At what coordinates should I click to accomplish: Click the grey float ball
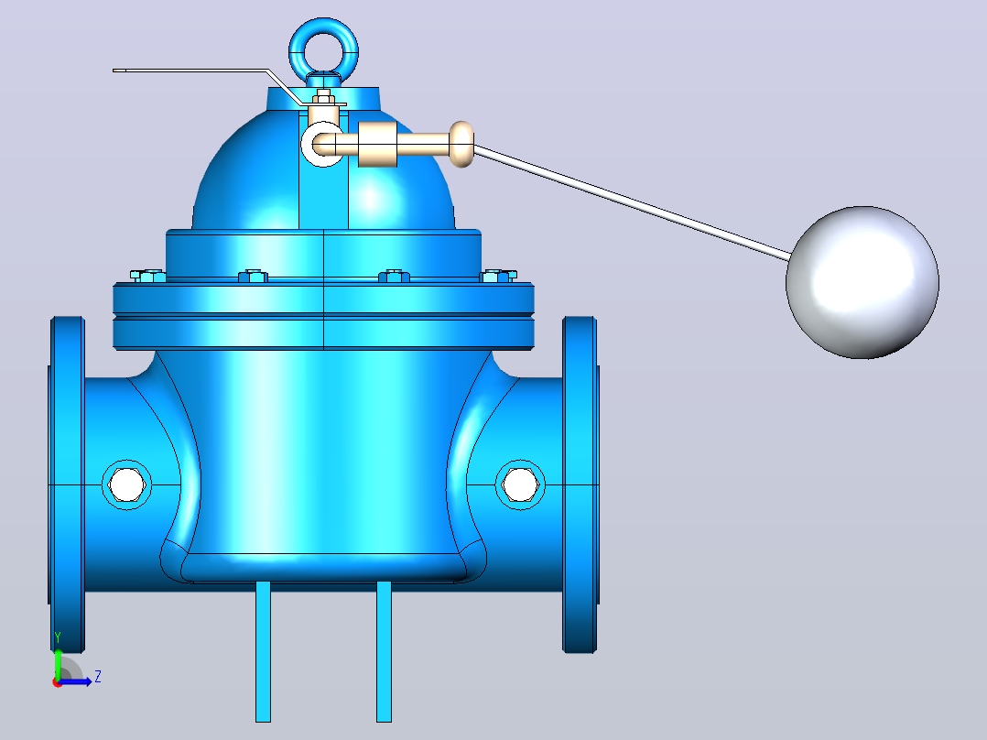[862, 283]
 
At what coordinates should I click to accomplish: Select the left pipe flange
[67, 484]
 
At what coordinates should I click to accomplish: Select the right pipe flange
[580, 484]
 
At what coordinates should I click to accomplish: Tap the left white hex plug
[126, 484]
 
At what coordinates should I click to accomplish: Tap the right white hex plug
[521, 484]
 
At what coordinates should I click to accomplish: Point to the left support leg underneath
[263, 651]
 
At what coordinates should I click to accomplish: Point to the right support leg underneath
[384, 651]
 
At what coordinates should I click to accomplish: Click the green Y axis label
[58, 637]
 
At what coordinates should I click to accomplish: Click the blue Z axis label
[98, 677]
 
